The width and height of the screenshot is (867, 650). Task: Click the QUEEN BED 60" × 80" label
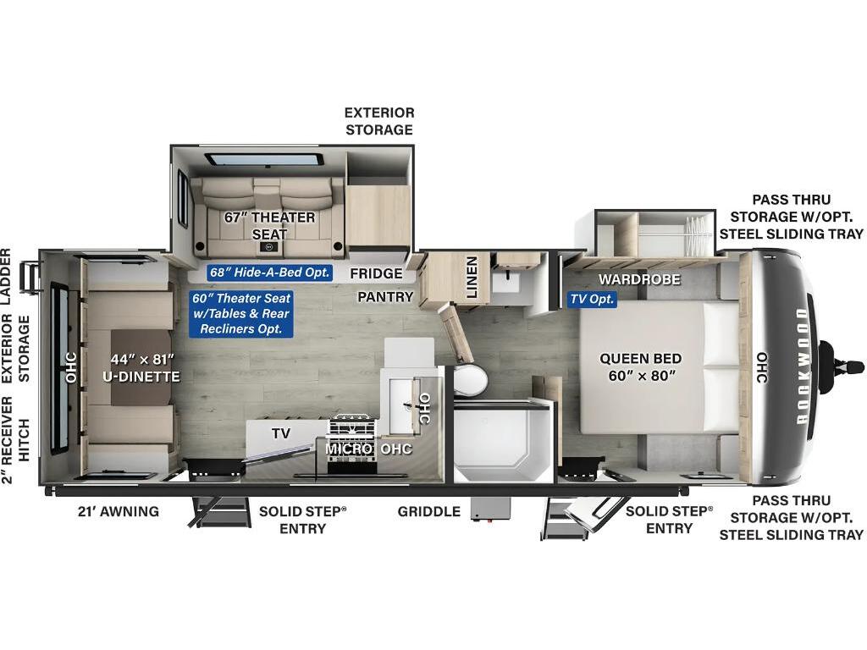641,367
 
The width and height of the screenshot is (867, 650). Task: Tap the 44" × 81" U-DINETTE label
141,368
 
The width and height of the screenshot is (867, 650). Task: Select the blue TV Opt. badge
592,299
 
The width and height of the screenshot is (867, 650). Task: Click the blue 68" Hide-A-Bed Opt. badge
270,272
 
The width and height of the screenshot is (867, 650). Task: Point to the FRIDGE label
376,273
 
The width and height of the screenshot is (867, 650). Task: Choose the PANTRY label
385,297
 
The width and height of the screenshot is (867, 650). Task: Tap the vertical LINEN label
472,278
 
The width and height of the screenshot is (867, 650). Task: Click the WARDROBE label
639,279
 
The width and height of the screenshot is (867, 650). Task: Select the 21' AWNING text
119,511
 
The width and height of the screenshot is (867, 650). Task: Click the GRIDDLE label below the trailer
429,511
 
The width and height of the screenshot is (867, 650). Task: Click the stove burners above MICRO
353,427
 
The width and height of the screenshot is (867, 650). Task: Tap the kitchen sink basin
402,405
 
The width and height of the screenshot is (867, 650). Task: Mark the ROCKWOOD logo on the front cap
802,366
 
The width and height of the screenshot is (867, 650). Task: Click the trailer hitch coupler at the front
841,366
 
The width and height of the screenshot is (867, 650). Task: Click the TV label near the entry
281,433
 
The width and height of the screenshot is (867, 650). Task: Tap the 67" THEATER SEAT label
269,225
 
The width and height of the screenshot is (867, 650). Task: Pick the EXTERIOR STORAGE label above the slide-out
379,121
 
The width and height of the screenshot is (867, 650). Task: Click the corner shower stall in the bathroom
503,440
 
